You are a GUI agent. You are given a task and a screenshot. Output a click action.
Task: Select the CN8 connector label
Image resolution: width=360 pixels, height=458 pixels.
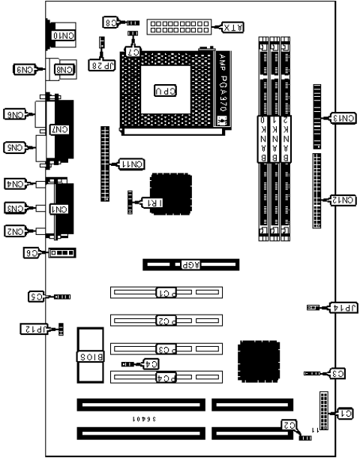point(64,70)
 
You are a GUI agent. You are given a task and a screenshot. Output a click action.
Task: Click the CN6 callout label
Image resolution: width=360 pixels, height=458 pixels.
point(16,114)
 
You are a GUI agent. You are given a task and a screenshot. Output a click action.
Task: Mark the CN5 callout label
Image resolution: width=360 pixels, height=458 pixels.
point(16,148)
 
